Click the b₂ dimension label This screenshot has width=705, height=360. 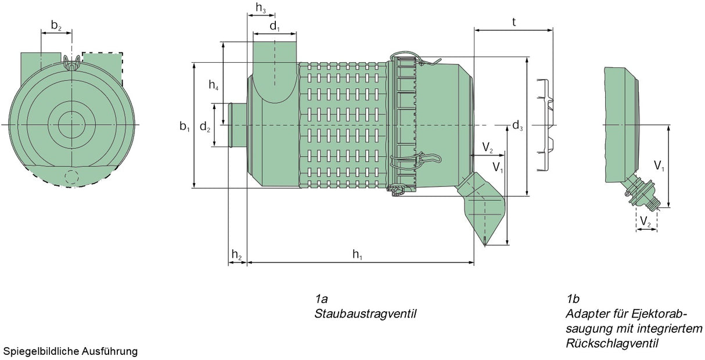tap(56, 25)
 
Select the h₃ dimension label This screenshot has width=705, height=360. tap(261, 8)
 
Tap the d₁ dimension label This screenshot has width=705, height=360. tap(275, 27)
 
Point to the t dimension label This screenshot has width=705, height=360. tap(514, 21)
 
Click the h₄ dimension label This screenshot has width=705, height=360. tap(214, 85)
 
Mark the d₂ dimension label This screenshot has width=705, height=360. tap(205, 126)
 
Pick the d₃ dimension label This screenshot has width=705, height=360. tap(517, 125)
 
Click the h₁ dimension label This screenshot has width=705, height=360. tap(358, 254)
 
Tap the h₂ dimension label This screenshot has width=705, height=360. tap(236, 254)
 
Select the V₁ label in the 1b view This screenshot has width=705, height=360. tap(659, 165)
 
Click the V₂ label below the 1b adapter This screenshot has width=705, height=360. tap(645, 221)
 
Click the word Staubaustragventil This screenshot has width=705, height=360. tap(366, 314)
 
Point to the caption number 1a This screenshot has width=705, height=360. tap(322, 299)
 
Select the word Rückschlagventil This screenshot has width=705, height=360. tap(612, 343)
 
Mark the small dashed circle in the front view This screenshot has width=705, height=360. tap(71, 177)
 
